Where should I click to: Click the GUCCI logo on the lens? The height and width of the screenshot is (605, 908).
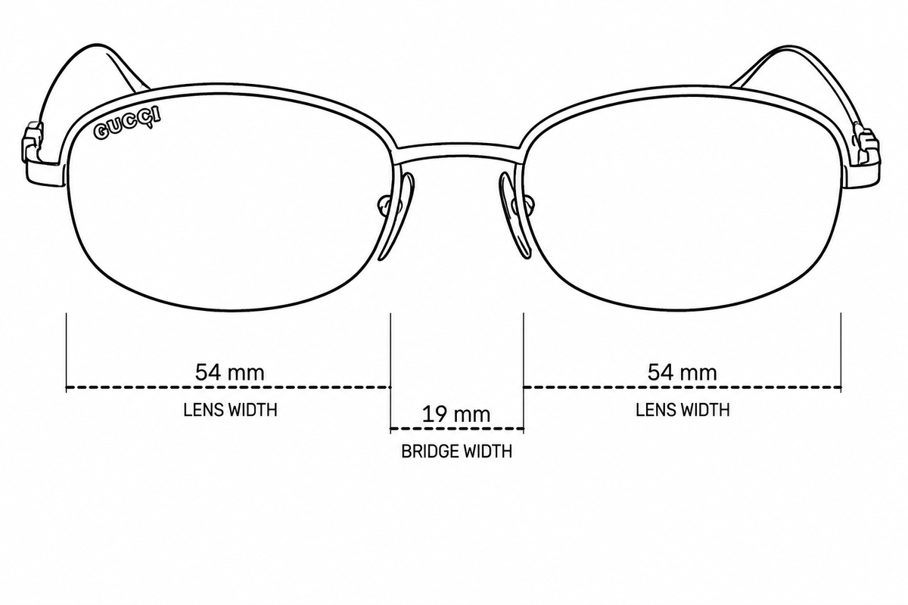click(127, 123)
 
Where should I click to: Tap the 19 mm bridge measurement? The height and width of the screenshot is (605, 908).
click(456, 414)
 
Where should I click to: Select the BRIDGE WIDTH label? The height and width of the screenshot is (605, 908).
click(457, 451)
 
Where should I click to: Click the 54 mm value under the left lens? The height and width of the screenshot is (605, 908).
click(229, 372)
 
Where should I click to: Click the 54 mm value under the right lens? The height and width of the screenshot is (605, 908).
click(683, 372)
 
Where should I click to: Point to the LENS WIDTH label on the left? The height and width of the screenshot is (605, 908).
click(230, 410)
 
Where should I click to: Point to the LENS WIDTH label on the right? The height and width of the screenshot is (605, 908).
click(683, 410)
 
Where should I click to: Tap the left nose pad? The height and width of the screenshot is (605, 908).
click(397, 217)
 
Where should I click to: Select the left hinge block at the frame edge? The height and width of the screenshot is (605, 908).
click(33, 143)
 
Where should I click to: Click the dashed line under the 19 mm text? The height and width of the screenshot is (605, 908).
click(457, 428)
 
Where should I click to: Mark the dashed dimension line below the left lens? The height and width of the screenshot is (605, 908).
click(229, 387)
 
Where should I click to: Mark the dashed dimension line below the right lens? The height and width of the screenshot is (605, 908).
click(683, 387)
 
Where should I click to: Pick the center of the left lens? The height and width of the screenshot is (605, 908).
click(230, 203)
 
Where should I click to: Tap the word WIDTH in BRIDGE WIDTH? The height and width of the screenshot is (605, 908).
click(489, 451)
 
